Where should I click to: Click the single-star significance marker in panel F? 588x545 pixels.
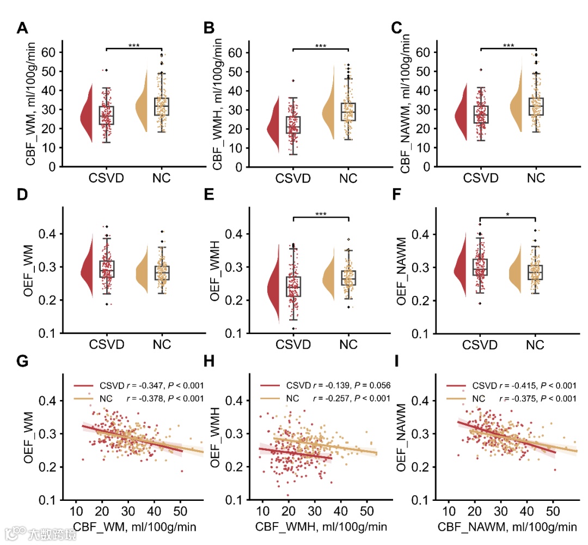click(x=508, y=214)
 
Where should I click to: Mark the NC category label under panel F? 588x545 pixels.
click(x=536, y=345)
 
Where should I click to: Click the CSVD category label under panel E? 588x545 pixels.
click(x=294, y=345)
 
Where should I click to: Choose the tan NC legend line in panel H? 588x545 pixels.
click(x=272, y=398)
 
